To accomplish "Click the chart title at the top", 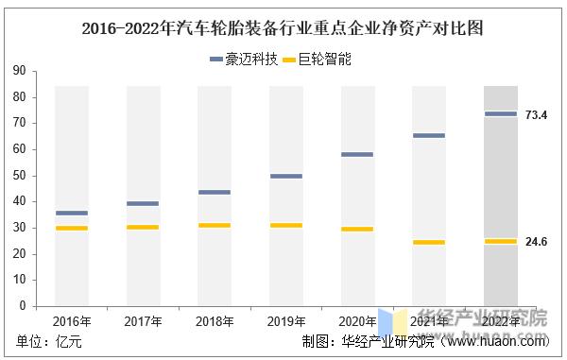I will click(284, 28).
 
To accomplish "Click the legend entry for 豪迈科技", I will click(244, 60).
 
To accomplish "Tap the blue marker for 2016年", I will click(72, 213).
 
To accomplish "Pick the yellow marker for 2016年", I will click(72, 228).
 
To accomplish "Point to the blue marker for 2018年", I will click(215, 192).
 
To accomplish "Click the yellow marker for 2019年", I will click(286, 225).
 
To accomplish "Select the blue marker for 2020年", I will click(357, 154).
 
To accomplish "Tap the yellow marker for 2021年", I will click(429, 242).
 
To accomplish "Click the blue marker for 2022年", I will click(501, 114).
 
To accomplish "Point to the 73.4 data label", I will click(537, 114).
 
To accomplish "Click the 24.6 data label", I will click(537, 242).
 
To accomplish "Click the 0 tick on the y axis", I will click(24, 306).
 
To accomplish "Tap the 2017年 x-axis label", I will click(143, 322).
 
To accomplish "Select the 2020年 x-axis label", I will click(357, 322).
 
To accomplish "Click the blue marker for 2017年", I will click(143, 203).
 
